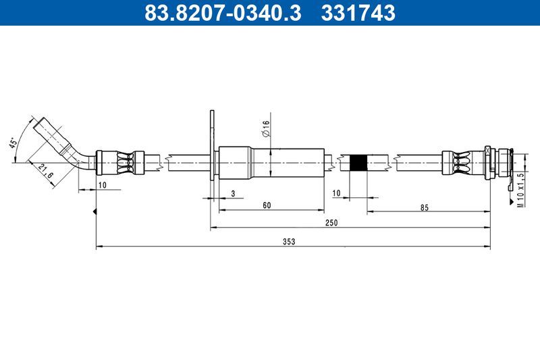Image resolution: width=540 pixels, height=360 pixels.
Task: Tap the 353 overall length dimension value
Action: tap(290, 241)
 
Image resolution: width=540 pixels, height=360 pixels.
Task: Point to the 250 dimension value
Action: tap(331, 222)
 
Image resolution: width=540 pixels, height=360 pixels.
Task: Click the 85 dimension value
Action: tap(424, 207)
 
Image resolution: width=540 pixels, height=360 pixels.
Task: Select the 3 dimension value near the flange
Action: tap(233, 194)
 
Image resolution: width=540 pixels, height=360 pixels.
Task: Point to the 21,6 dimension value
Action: tap(46, 171)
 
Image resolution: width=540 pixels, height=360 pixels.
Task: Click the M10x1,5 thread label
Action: tap(520, 191)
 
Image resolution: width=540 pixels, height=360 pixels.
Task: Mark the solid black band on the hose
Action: tap(360, 162)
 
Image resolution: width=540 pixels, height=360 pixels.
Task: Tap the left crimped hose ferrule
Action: tap(122, 162)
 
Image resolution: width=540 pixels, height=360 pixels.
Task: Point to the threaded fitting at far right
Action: tap(500, 162)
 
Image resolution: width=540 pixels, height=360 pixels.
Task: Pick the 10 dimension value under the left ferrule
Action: tap(101, 184)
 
